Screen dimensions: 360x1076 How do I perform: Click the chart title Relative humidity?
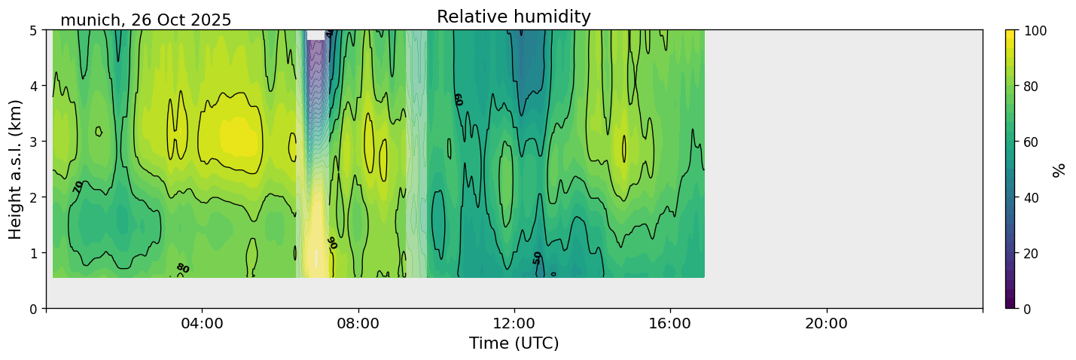(x=514, y=17)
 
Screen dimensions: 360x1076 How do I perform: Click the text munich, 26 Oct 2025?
(x=146, y=20)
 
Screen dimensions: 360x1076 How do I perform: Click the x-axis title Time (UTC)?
(x=514, y=343)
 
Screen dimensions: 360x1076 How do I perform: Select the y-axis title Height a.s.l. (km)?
(x=16, y=169)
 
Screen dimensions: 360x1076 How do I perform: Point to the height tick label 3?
(x=33, y=142)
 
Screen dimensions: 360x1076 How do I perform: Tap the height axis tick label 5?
(x=33, y=31)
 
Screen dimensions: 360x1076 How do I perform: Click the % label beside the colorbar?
(x=1059, y=169)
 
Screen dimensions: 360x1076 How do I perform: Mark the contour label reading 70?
(x=78, y=186)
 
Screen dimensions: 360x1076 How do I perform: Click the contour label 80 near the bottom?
(x=182, y=268)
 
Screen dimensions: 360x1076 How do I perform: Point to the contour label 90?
(x=331, y=243)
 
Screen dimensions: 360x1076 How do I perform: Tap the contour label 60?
(x=457, y=99)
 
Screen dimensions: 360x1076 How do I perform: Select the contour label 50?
(x=537, y=258)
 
